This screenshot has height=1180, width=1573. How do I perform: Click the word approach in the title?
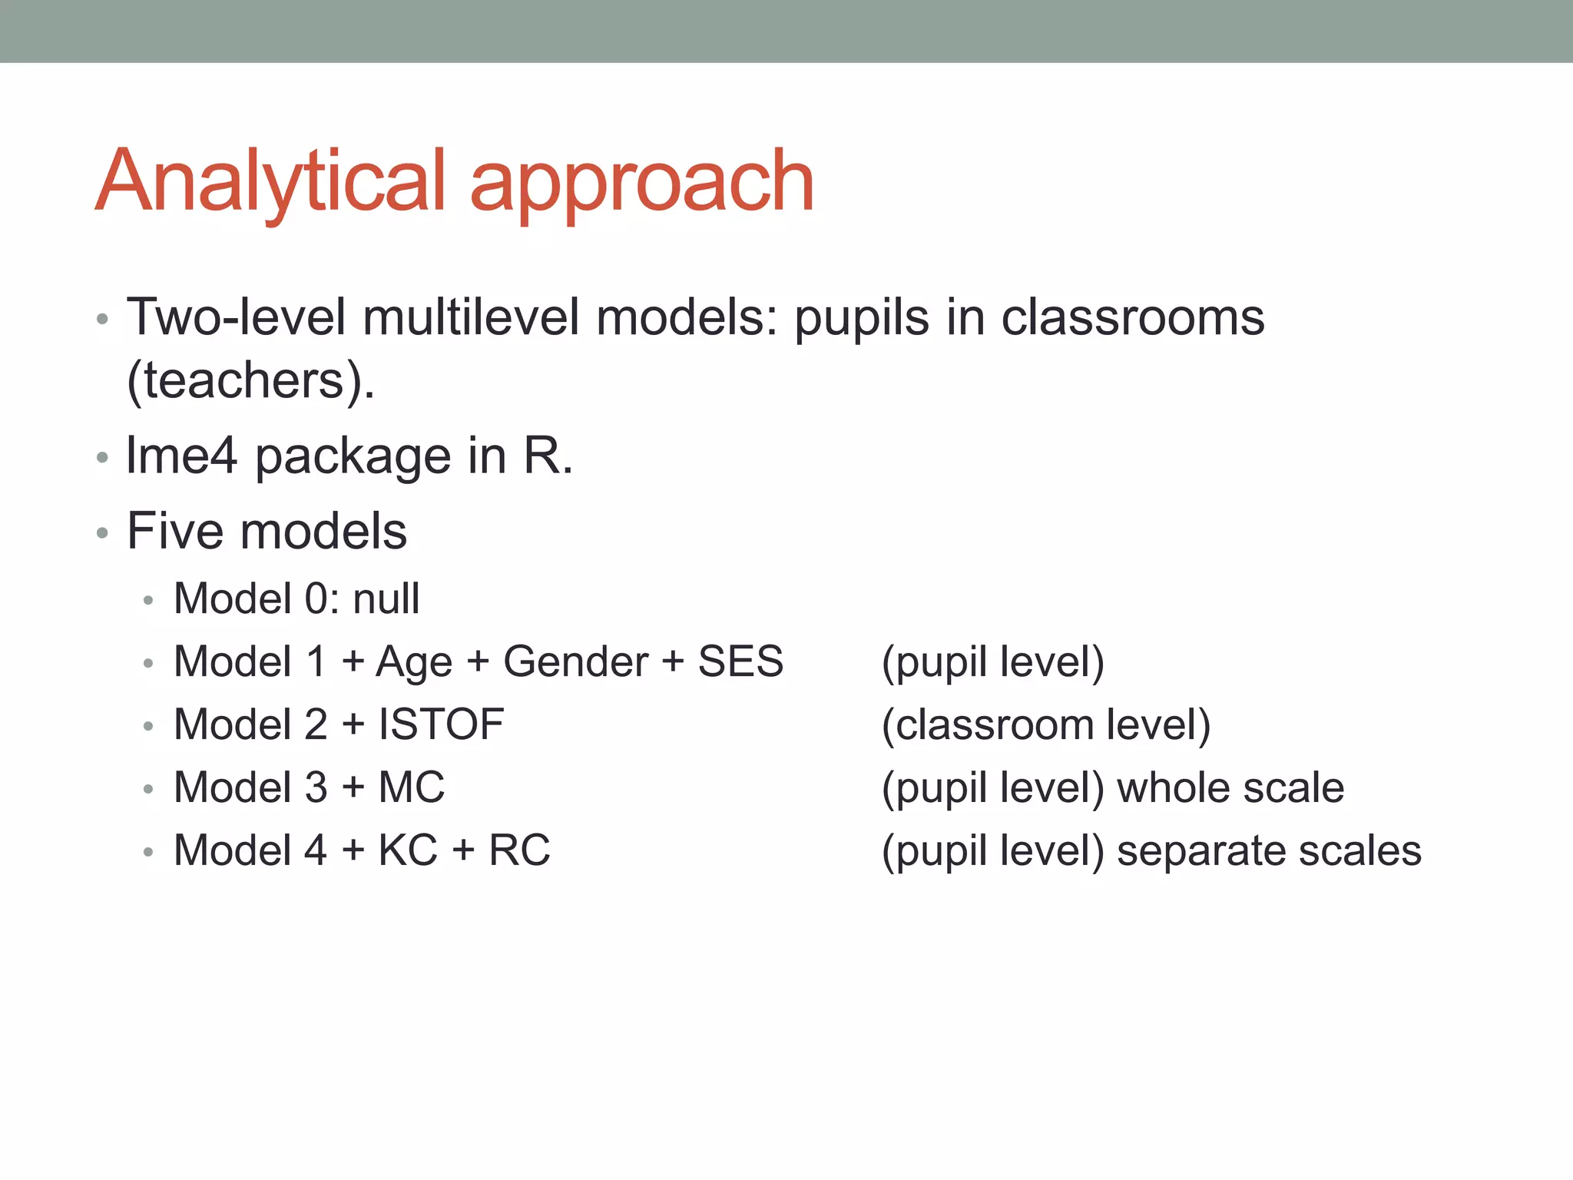pyautogui.click(x=641, y=184)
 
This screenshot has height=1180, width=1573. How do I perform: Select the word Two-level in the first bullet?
pyautogui.click(x=236, y=317)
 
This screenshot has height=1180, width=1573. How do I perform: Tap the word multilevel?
pyautogui.click(x=471, y=317)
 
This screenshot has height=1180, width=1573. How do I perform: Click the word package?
pyautogui.click(x=353, y=459)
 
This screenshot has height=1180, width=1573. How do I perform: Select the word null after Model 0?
pyautogui.click(x=386, y=598)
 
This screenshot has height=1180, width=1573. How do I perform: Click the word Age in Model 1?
pyautogui.click(x=413, y=663)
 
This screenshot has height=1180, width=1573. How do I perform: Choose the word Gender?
pyautogui.click(x=575, y=661)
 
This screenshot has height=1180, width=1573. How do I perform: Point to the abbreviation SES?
pyautogui.click(x=740, y=661)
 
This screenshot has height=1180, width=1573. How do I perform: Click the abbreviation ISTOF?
pyautogui.click(x=441, y=724)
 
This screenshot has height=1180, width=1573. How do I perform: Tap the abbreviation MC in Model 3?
pyautogui.click(x=412, y=787)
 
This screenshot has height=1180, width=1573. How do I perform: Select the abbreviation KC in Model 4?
pyautogui.click(x=408, y=850)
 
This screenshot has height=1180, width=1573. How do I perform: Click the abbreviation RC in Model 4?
pyautogui.click(x=519, y=850)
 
